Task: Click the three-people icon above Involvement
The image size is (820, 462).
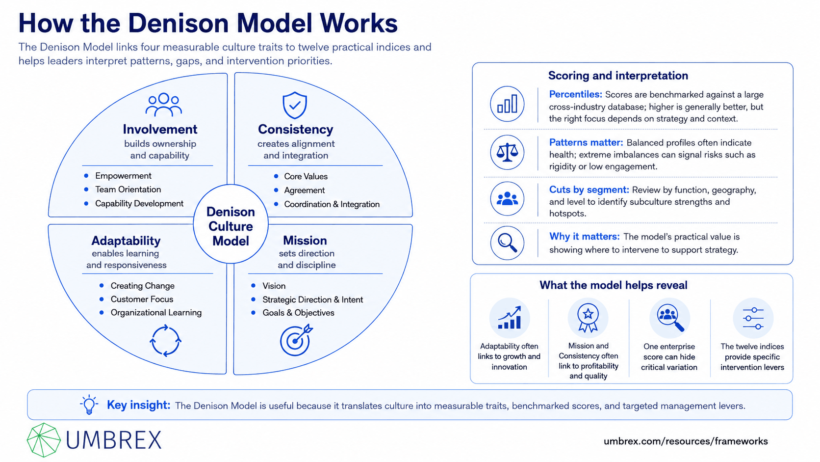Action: click(x=163, y=105)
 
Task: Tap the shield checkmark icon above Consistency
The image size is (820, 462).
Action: click(x=295, y=105)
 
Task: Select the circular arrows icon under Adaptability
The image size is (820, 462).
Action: click(x=165, y=340)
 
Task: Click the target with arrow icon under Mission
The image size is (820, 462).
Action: click(x=296, y=340)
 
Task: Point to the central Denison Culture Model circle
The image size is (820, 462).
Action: click(x=231, y=224)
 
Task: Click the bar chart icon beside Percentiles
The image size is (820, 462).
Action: click(x=507, y=104)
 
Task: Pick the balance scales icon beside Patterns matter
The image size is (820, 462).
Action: click(x=507, y=152)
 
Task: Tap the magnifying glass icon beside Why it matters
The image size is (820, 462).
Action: click(x=507, y=243)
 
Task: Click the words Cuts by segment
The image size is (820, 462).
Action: click(x=589, y=190)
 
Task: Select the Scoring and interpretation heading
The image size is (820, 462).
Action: click(x=618, y=76)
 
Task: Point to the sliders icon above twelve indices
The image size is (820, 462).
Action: click(x=753, y=318)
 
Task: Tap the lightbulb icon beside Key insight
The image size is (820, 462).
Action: click(x=89, y=405)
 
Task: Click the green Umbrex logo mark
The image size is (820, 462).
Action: click(x=44, y=440)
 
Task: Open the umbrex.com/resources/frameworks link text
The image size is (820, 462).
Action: click(x=686, y=441)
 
